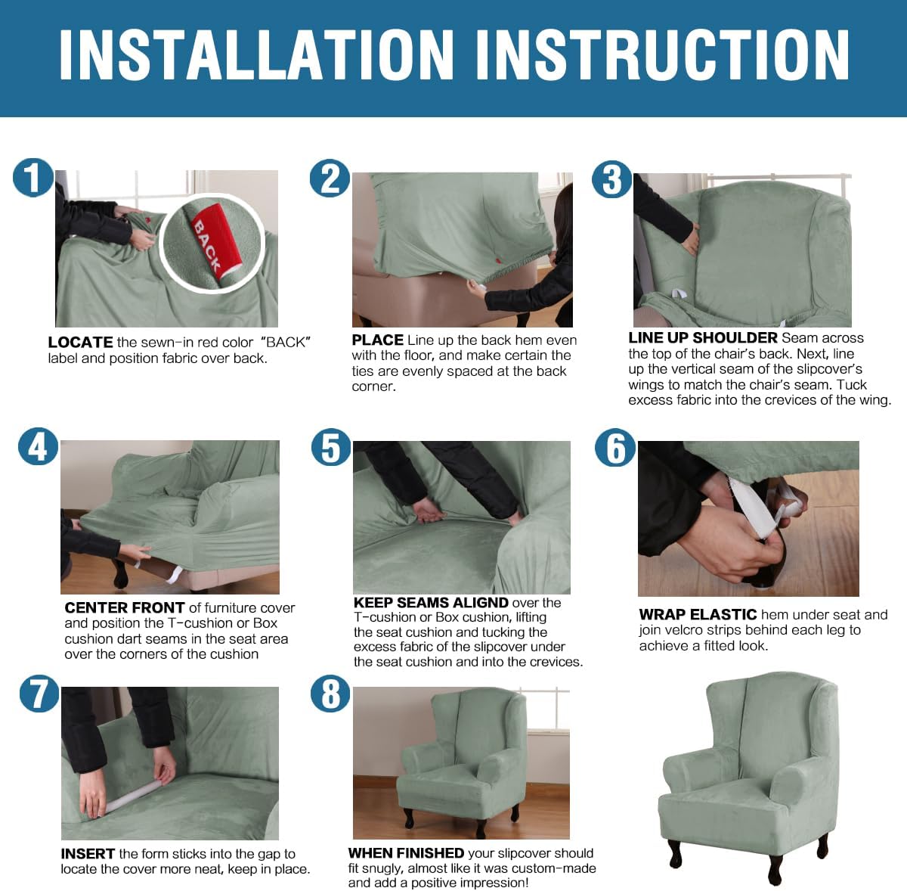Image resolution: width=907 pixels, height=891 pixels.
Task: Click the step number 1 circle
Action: (x=33, y=178)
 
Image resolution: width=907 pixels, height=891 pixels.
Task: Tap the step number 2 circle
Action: (x=330, y=179)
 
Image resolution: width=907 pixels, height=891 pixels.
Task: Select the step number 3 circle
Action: (x=611, y=179)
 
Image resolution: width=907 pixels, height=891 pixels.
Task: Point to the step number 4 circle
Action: (x=38, y=447)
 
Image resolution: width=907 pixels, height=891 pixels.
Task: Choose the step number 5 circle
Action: (x=331, y=447)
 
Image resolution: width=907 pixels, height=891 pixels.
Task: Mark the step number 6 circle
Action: (x=614, y=447)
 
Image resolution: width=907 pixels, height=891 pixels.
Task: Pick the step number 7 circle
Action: (x=39, y=693)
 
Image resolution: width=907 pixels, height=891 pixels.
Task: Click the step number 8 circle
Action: (x=330, y=693)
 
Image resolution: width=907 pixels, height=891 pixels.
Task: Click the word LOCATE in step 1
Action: (x=80, y=342)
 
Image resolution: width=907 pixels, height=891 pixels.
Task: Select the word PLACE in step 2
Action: (x=377, y=340)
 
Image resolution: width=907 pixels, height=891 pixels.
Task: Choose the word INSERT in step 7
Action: (x=88, y=853)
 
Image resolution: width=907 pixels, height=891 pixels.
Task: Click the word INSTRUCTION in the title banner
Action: (x=662, y=54)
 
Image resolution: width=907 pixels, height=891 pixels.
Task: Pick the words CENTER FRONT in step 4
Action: (x=125, y=607)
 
